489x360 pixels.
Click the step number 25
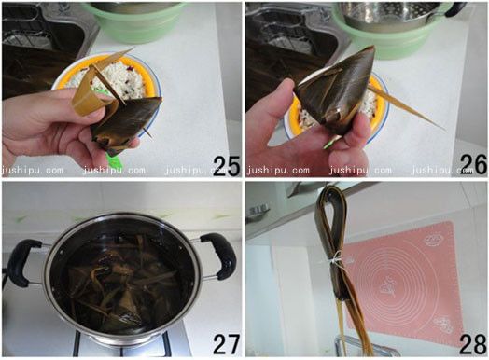tap(227, 166)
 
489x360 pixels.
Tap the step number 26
tap(473, 164)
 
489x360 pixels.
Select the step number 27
tap(227, 344)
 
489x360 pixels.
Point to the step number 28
tap(473, 344)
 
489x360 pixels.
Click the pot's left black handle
tap(21, 262)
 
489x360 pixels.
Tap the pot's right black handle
tap(219, 255)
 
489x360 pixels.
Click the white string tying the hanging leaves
tap(334, 259)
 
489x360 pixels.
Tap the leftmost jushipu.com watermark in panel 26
tap(278, 170)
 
